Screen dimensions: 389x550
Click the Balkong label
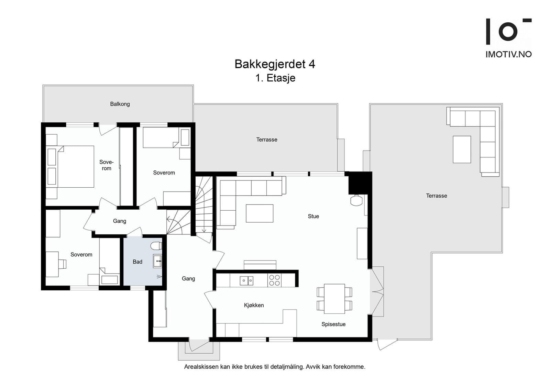click(120, 104)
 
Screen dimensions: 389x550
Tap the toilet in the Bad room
click(156, 246)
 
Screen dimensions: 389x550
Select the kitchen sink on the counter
click(246, 281)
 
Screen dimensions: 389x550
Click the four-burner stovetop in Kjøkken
click(274, 280)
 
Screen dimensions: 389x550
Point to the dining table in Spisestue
click(334, 299)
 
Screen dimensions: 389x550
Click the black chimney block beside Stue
click(360, 183)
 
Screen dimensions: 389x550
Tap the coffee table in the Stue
click(260, 213)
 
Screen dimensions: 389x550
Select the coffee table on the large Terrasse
click(462, 149)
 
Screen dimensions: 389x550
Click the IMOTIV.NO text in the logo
click(508, 54)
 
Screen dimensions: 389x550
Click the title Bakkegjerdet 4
click(275, 64)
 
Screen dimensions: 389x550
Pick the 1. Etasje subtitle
click(275, 78)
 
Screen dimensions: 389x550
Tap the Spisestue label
click(333, 324)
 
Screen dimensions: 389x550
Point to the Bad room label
click(137, 262)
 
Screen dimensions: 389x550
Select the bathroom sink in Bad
click(157, 261)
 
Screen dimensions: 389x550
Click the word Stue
click(313, 216)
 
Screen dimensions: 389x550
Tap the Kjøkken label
click(254, 305)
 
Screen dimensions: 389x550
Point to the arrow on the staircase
click(204, 229)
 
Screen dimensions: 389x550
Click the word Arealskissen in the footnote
click(201, 367)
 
